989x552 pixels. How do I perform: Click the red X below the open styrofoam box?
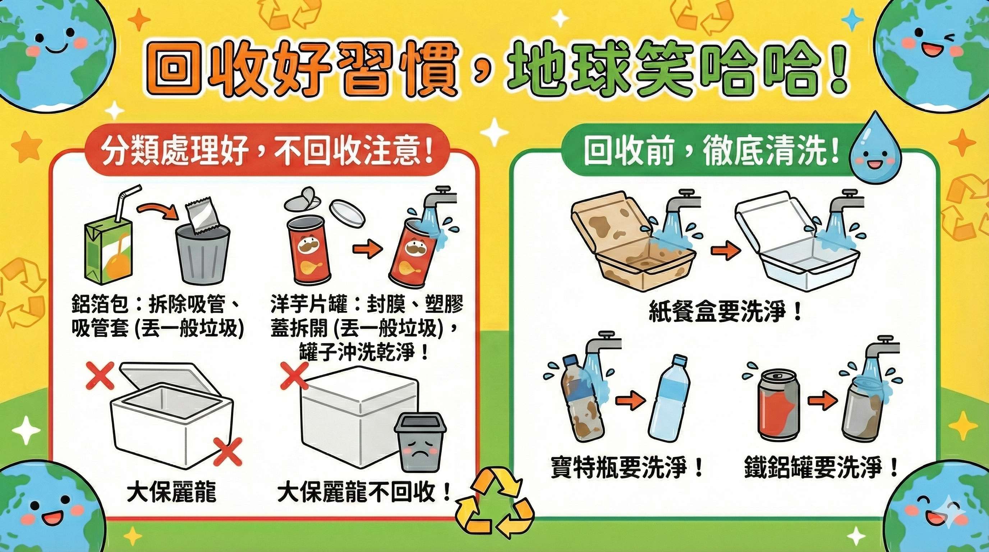(x=227, y=451)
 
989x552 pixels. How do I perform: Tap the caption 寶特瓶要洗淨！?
(x=627, y=467)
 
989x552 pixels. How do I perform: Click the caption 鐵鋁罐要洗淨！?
(x=821, y=467)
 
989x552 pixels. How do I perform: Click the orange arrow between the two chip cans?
(x=367, y=250)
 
